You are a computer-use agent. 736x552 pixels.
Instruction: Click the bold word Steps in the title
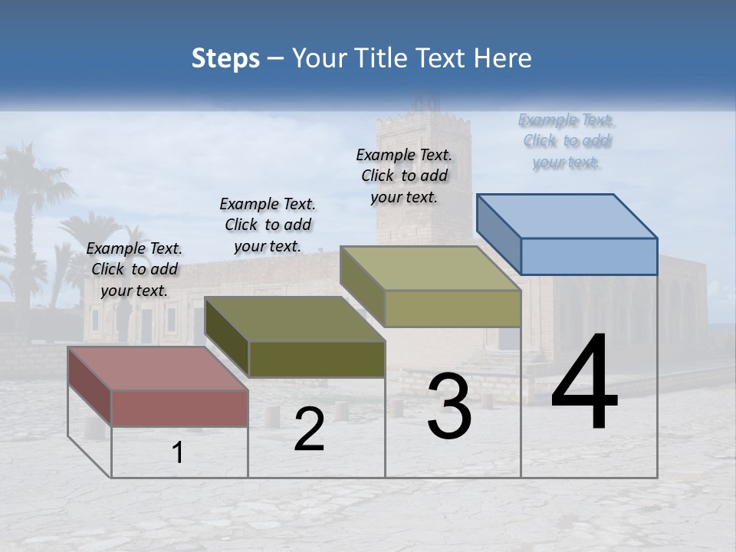pyautogui.click(x=225, y=58)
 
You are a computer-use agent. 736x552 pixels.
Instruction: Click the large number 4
pyautogui.click(x=584, y=383)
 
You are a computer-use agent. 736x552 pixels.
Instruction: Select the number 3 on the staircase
pyautogui.click(x=449, y=406)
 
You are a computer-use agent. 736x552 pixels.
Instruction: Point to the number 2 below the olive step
pyautogui.click(x=309, y=429)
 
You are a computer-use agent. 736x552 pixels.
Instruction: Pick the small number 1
pyautogui.click(x=178, y=453)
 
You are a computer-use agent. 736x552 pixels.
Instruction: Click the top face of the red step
pyautogui.click(x=157, y=368)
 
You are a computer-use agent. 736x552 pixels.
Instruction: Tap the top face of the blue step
pyautogui.click(x=567, y=215)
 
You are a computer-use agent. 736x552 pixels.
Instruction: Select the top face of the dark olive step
pyautogui.click(x=295, y=319)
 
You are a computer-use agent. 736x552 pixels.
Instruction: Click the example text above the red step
pyautogui.click(x=134, y=269)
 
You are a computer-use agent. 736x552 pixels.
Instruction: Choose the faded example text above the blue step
pyautogui.click(x=567, y=141)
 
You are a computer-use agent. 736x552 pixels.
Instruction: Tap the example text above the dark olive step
pyautogui.click(x=268, y=225)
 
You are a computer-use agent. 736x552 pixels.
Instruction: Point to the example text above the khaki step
pyautogui.click(x=404, y=176)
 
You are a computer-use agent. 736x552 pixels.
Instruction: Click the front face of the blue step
pyautogui.click(x=589, y=256)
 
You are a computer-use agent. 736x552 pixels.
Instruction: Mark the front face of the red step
pyautogui.click(x=179, y=408)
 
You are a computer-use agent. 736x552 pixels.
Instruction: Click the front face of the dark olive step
pyautogui.click(x=317, y=359)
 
